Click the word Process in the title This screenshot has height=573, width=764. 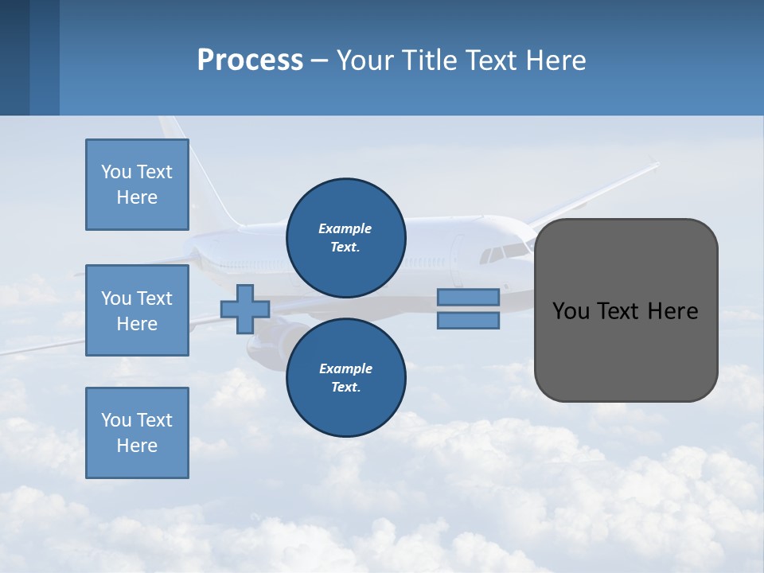(250, 60)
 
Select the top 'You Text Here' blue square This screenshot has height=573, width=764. (137, 185)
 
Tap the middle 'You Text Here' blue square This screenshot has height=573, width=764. (137, 310)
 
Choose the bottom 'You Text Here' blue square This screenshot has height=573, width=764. (137, 433)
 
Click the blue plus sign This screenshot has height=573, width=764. (244, 309)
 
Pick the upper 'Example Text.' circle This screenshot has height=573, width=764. (346, 237)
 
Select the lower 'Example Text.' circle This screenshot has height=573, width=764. (346, 377)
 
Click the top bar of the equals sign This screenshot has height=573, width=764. (468, 297)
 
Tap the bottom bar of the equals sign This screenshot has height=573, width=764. (468, 321)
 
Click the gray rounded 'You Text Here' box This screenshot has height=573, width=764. (626, 310)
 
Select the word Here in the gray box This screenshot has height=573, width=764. (672, 311)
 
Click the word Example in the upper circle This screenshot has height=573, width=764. (345, 228)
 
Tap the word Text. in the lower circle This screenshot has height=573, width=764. (345, 388)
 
